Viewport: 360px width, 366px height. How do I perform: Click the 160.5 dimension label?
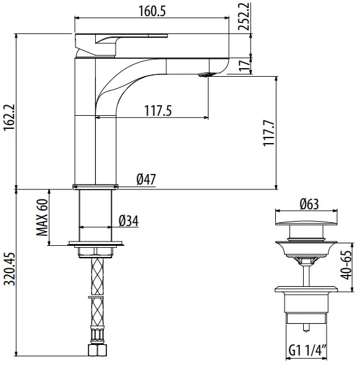152,11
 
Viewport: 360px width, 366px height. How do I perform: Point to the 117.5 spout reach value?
158,110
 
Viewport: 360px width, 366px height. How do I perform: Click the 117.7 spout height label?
269,133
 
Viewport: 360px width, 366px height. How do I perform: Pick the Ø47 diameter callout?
146,179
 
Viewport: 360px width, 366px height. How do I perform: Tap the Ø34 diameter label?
129,221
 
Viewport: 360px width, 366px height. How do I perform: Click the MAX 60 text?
42,217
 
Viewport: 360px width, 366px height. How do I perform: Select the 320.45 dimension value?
10,269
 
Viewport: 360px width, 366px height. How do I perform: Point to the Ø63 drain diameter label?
309,204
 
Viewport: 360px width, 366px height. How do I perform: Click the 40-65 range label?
346,265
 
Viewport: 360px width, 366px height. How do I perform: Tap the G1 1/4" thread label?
307,351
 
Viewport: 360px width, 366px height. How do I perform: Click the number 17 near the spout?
244,66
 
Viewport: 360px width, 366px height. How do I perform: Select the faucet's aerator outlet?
207,75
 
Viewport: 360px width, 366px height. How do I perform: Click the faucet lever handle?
121,45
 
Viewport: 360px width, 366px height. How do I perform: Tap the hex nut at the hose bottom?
98,350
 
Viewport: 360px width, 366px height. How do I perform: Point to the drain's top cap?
306,223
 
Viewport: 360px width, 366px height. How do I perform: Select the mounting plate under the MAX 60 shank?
96,243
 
